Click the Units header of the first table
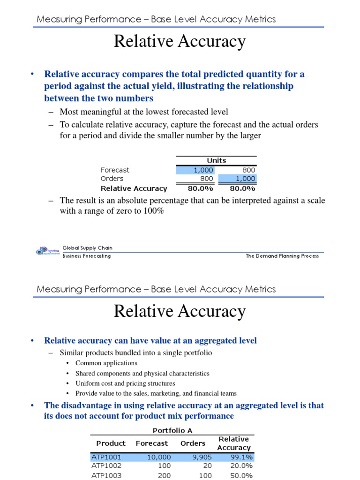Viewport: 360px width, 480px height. click(216, 160)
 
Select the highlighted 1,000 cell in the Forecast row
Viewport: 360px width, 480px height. click(195, 170)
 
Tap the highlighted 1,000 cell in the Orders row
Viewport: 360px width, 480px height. click(238, 179)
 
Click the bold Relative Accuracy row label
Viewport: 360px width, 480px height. click(134, 188)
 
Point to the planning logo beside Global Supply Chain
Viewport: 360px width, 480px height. click(48, 251)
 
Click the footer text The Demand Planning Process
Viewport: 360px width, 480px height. click(282, 256)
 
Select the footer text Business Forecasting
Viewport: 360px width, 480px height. click(87, 256)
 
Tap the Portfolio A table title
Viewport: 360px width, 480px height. click(172, 430)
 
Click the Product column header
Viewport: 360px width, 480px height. click(111, 443)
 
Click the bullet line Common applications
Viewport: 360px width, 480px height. click(106, 363)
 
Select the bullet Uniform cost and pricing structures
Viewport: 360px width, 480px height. click(125, 383)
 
